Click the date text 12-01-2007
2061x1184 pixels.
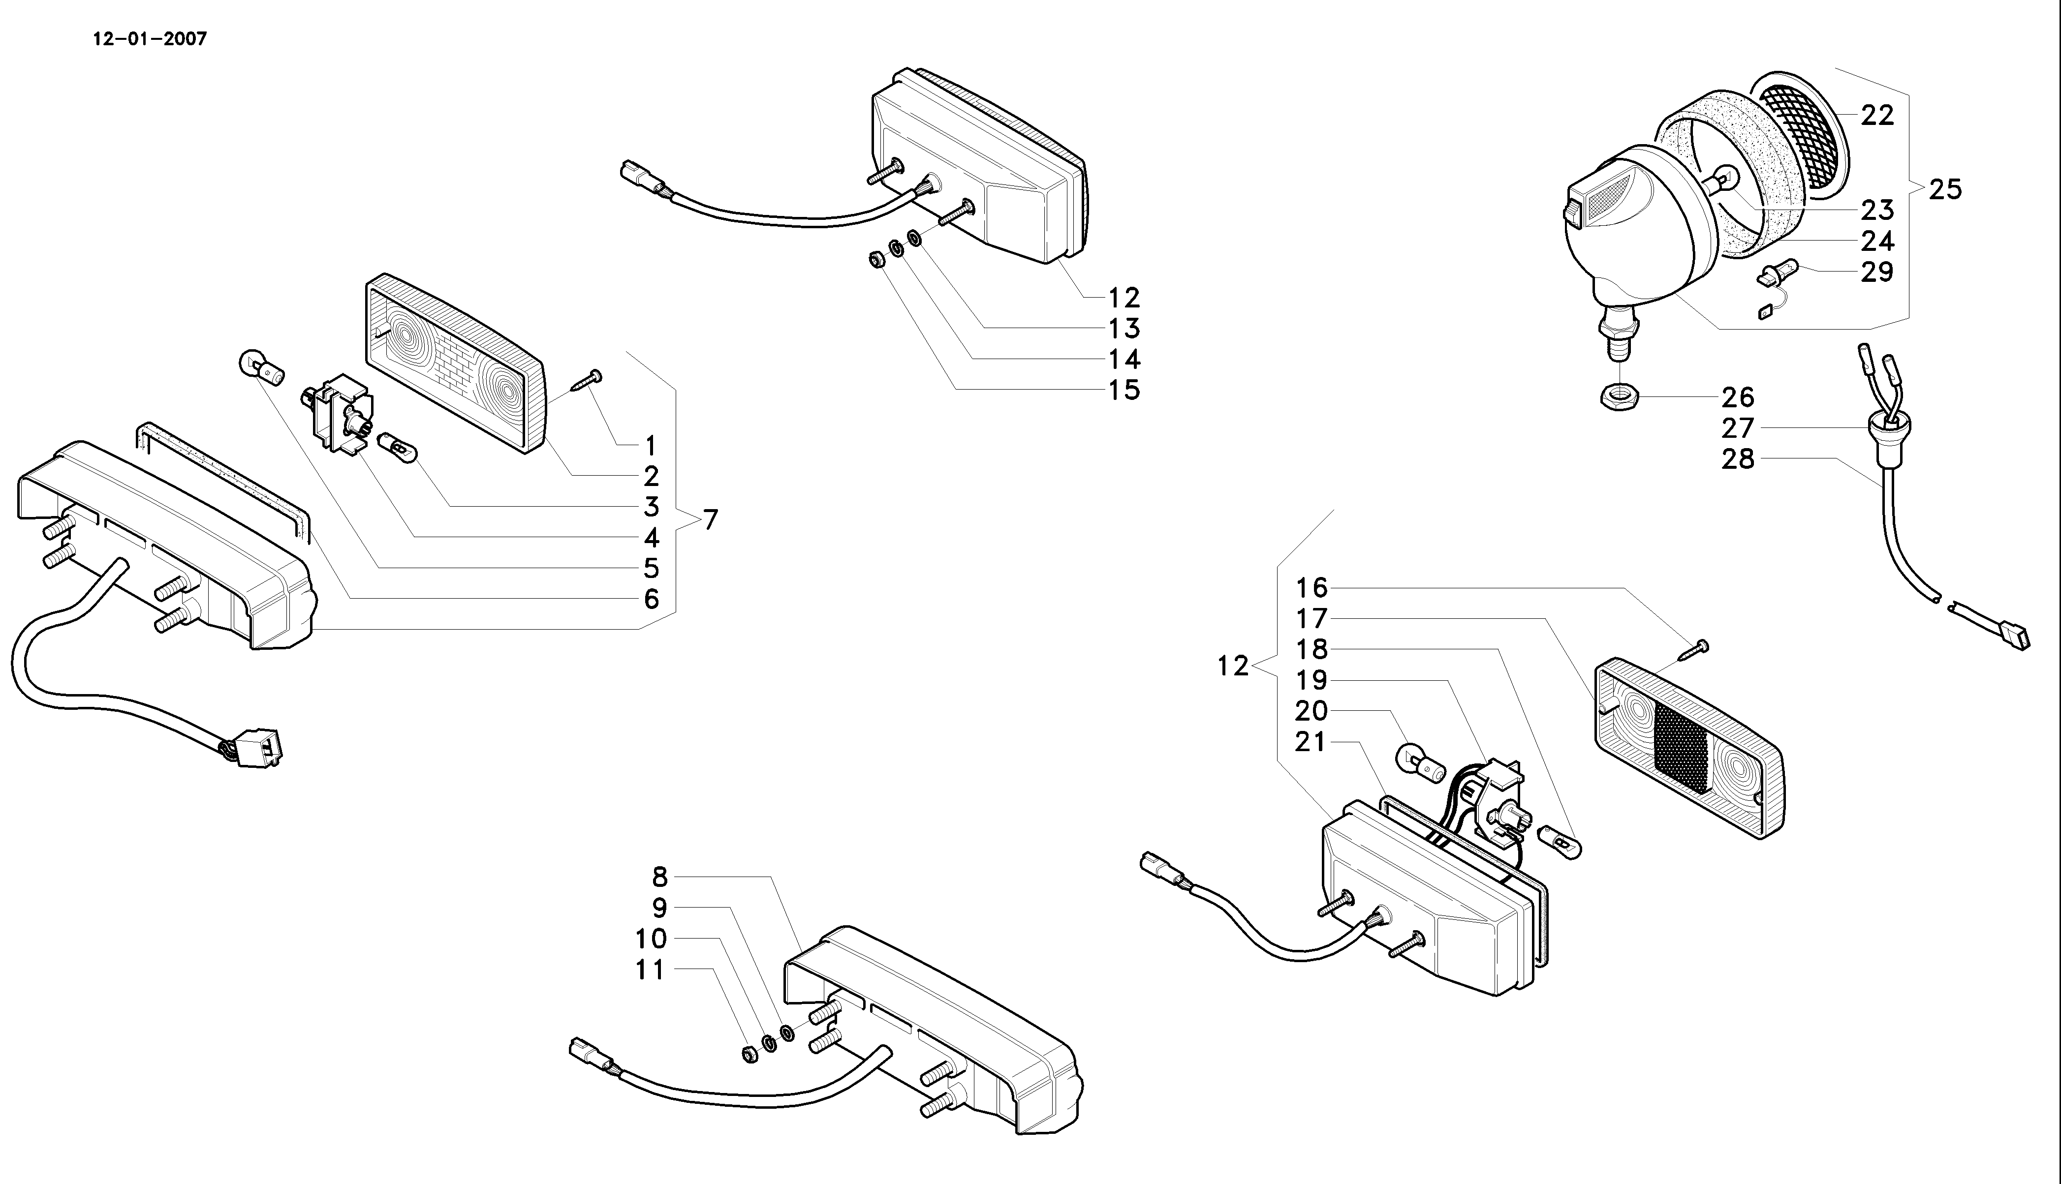click(x=151, y=39)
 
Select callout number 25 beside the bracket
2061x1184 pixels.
click(x=1945, y=189)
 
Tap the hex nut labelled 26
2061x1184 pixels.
click(x=1619, y=397)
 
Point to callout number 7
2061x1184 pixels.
click(x=711, y=519)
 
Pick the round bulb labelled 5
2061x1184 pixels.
click(x=259, y=367)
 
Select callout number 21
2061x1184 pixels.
click(x=1311, y=742)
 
